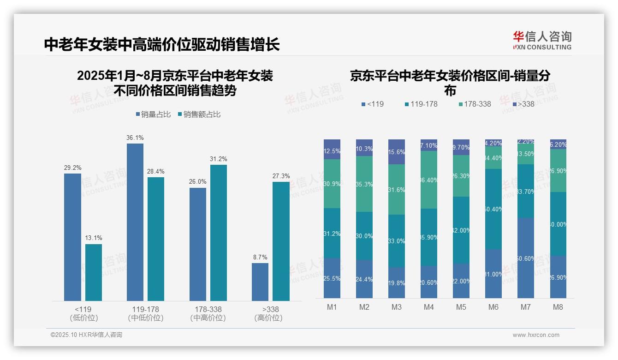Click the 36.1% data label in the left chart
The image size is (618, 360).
[135, 138]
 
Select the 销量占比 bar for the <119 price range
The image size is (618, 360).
[72, 237]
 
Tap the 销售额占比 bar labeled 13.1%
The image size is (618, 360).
[94, 272]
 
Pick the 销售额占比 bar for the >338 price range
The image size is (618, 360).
[281, 241]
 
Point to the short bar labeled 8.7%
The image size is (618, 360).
[260, 282]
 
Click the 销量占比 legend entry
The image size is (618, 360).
[154, 114]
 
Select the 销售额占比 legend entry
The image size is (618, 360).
[199, 114]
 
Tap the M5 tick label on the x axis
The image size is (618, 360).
[461, 307]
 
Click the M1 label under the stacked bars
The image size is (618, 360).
[332, 307]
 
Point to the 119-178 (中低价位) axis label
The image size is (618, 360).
[146, 313]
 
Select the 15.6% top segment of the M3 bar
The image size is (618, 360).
[397, 152]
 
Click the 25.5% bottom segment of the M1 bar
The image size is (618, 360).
[332, 278]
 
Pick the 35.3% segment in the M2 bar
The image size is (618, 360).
[364, 184]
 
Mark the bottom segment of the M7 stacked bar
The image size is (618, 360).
[526, 258]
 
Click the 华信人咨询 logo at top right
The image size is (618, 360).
[542, 40]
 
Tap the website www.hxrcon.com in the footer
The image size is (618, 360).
[536, 335]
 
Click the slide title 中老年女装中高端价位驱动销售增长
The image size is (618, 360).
[162, 45]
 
